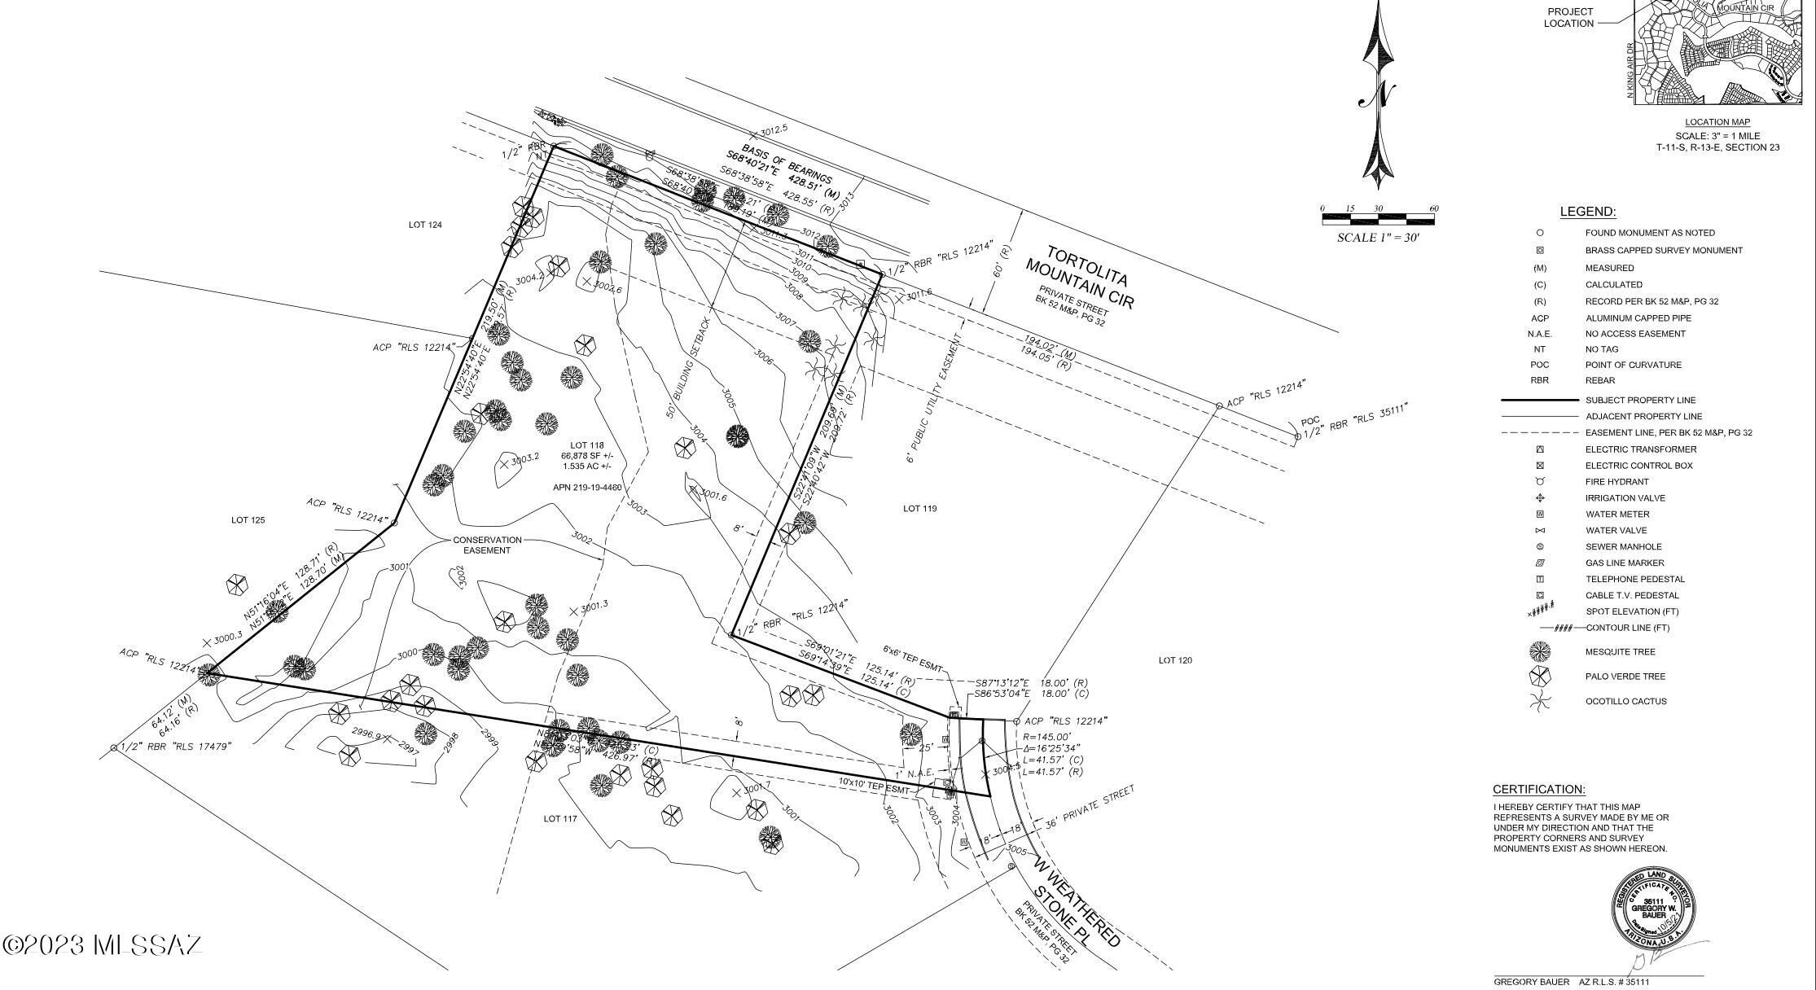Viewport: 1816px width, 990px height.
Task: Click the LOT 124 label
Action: point(425,225)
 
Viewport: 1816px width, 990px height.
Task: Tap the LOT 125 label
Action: point(248,520)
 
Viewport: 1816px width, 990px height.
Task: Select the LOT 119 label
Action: point(919,509)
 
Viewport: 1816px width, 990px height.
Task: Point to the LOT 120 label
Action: point(1175,660)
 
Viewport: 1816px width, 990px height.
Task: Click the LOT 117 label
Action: point(560,818)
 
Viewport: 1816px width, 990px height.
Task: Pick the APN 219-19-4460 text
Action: point(586,488)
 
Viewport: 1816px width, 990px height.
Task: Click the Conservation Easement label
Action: point(487,545)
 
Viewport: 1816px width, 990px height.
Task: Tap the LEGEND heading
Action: point(1587,212)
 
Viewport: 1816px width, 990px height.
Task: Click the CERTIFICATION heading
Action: point(1538,790)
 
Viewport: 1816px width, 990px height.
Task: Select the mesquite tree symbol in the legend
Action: point(1540,651)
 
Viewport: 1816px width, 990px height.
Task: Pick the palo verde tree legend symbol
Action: point(1540,676)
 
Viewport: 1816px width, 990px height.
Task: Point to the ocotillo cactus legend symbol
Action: point(1540,701)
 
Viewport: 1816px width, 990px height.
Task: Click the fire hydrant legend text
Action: point(1616,482)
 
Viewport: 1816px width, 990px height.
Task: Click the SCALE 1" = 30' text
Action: point(1378,238)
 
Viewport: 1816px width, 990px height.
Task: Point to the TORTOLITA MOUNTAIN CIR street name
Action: point(1079,278)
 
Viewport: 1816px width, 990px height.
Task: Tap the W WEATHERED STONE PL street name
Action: point(1077,901)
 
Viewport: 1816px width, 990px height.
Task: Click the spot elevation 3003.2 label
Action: point(524,458)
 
